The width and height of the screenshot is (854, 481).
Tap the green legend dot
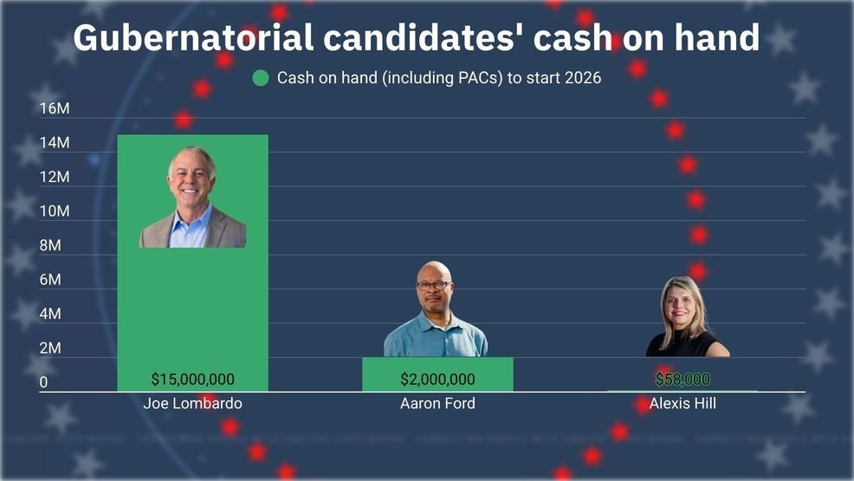[261, 78]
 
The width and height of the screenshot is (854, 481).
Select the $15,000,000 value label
[192, 379]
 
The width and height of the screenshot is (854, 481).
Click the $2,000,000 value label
[437, 379]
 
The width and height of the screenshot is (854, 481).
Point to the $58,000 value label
[683, 379]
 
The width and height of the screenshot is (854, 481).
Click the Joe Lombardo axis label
[192, 404]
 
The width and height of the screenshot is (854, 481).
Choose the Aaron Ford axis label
[437, 404]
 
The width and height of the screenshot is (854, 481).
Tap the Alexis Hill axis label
[683, 404]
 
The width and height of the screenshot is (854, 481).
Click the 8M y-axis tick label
[50, 245]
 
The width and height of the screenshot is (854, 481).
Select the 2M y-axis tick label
[50, 348]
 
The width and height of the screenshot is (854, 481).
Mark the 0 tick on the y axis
[43, 382]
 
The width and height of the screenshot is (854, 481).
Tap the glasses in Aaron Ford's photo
[433, 285]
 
